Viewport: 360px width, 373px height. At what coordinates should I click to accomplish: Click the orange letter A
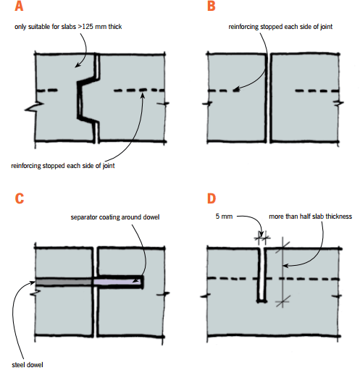pos(19,6)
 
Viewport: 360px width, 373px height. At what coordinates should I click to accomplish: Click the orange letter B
pos(211,6)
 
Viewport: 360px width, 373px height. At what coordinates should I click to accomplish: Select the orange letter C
pos(20,198)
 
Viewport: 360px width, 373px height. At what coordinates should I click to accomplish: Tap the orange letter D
pos(212,198)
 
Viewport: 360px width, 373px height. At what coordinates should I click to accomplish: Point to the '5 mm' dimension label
pos(224,217)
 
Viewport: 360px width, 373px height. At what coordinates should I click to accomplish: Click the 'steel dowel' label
pos(28,364)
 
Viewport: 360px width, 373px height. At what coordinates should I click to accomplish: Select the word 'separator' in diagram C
pos(84,217)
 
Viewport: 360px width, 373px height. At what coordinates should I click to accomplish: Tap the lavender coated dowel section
pos(117,282)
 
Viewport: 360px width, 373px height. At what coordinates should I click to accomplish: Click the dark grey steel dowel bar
pos(64,282)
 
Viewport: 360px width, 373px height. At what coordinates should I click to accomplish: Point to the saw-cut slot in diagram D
pos(261,274)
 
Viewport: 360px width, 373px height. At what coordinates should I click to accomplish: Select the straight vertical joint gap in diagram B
pos(269,98)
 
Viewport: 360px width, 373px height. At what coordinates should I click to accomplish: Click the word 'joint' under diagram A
pos(109,166)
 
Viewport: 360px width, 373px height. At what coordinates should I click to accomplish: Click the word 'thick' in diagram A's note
pos(115,27)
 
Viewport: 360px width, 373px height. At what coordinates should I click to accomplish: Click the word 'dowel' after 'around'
pos(151,217)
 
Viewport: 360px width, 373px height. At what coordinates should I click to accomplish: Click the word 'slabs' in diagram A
pos(69,27)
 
